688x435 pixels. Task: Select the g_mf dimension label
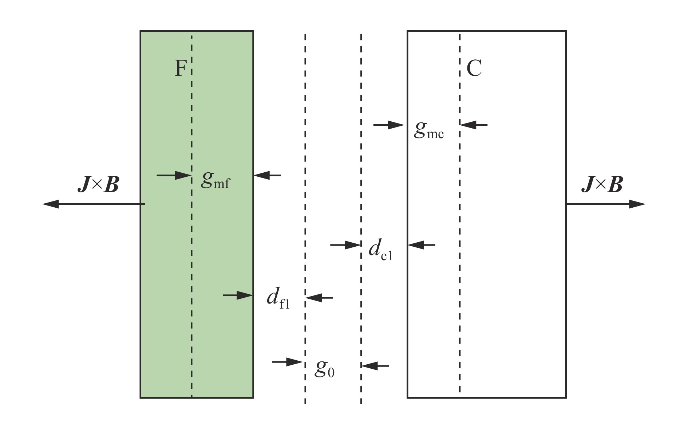[216, 180]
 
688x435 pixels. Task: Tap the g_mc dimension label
[429, 130]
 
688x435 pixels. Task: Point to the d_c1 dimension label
[381, 250]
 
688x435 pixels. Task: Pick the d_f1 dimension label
[278, 298]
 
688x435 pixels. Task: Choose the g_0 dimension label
[325, 368]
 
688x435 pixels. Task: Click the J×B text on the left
[98, 184]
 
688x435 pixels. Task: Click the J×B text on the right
[602, 184]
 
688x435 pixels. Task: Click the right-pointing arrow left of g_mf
[174, 175]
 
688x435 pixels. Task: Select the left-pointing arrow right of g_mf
[267, 175]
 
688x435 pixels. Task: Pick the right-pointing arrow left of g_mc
[389, 125]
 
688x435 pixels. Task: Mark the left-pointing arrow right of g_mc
[474, 125]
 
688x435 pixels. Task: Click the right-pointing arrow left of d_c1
[345, 245]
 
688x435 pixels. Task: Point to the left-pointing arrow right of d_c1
[422, 245]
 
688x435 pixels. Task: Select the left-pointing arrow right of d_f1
[319, 298]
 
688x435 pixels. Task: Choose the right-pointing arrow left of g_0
[288, 362]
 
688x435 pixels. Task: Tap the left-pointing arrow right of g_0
[375, 365]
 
